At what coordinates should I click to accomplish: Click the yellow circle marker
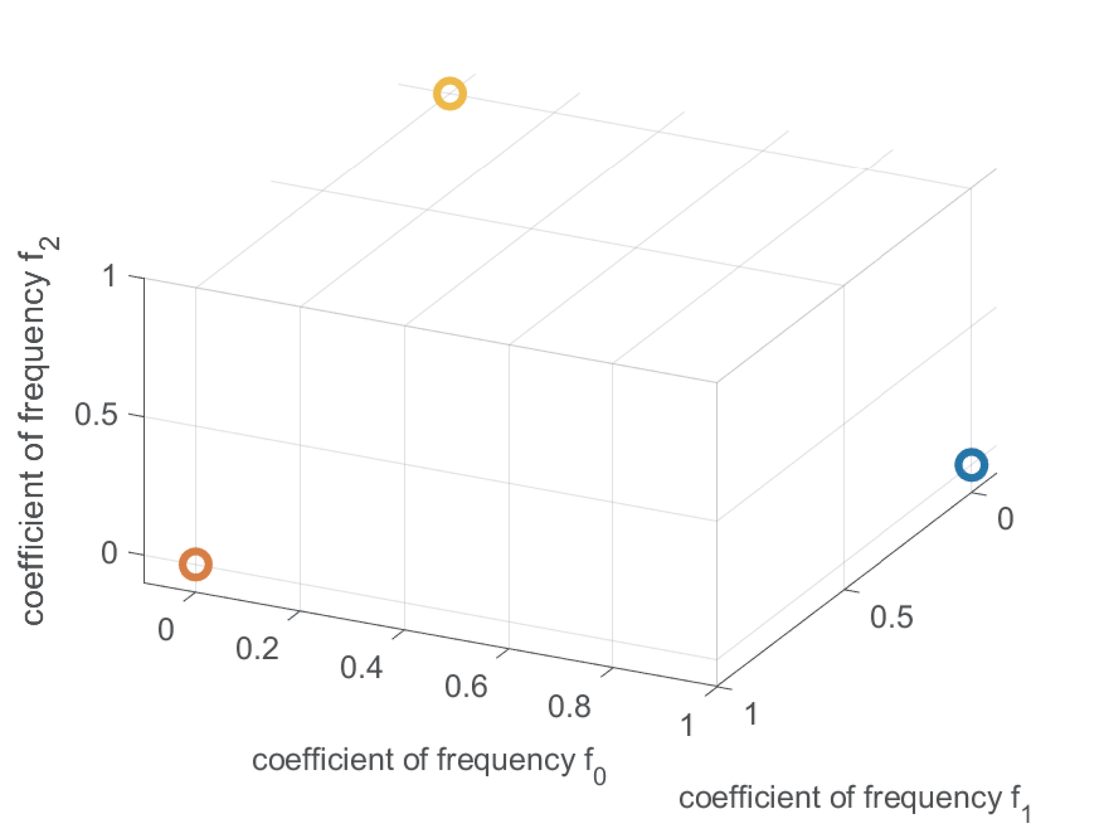coord(450,93)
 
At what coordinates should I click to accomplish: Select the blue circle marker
coord(972,465)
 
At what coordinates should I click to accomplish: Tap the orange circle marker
coord(195,564)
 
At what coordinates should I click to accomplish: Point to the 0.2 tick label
coord(257,649)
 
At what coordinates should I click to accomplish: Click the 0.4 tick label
coord(361,667)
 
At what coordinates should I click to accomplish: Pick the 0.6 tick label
coord(466,687)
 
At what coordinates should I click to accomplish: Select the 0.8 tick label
coord(569,706)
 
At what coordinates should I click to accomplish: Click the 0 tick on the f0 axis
coord(166,630)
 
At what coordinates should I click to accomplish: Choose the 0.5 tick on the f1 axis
coord(891,617)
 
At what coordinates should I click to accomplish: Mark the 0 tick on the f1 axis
coord(1005,518)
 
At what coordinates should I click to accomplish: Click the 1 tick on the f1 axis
coord(751,714)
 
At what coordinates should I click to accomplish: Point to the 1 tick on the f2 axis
coord(110,276)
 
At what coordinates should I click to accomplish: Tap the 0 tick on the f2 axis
coord(110,553)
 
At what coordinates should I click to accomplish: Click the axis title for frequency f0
coord(428,762)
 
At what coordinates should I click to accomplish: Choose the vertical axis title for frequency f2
coord(36,431)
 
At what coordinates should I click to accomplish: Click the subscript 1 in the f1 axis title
coord(1026,812)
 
